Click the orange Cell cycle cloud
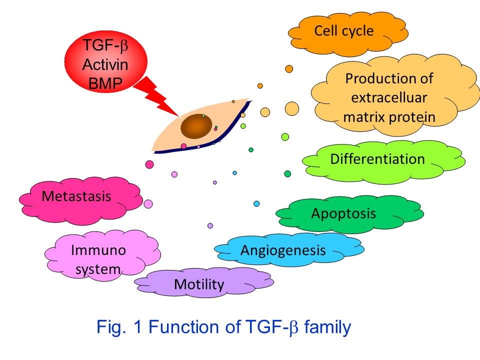coord(348,34)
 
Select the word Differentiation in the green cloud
coord(377,159)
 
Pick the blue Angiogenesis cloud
coord(289,249)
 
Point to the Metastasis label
coord(76,196)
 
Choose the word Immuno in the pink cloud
coord(98,250)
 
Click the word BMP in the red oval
coord(105,83)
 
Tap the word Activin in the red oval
coord(105,64)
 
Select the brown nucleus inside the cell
coord(196,126)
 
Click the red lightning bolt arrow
coord(156,96)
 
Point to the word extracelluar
coord(389,98)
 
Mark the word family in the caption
coord(327,327)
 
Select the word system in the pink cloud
coord(98,269)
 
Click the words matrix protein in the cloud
coord(389,117)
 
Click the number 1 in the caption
coord(137,326)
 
